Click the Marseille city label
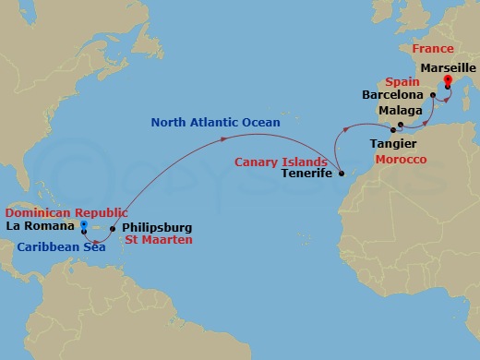(x=446, y=68)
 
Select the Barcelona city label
(x=393, y=95)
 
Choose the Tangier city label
(x=392, y=144)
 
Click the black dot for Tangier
(x=393, y=131)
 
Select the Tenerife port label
(x=307, y=174)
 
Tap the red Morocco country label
(x=401, y=160)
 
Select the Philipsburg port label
(x=157, y=227)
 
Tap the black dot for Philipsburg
(x=113, y=227)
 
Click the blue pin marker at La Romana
(x=83, y=225)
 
